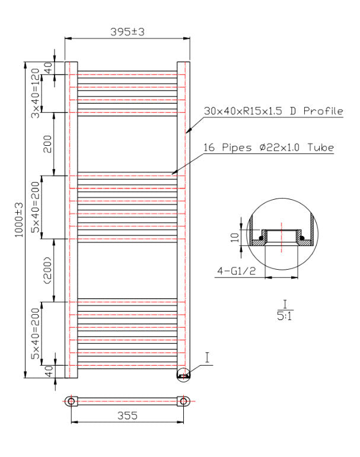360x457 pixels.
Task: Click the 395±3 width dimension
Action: click(x=127, y=32)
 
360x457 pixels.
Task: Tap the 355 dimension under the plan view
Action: click(x=127, y=416)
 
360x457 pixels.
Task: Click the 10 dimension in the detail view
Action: click(x=235, y=238)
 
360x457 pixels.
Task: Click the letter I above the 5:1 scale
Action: click(x=285, y=305)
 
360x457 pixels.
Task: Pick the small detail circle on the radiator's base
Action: click(x=184, y=375)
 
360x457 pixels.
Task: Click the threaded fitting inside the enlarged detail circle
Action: click(x=280, y=237)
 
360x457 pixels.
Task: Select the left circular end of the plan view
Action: click(x=71, y=401)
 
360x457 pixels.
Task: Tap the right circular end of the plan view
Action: click(x=183, y=401)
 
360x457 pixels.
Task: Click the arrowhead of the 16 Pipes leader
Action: click(x=173, y=174)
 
